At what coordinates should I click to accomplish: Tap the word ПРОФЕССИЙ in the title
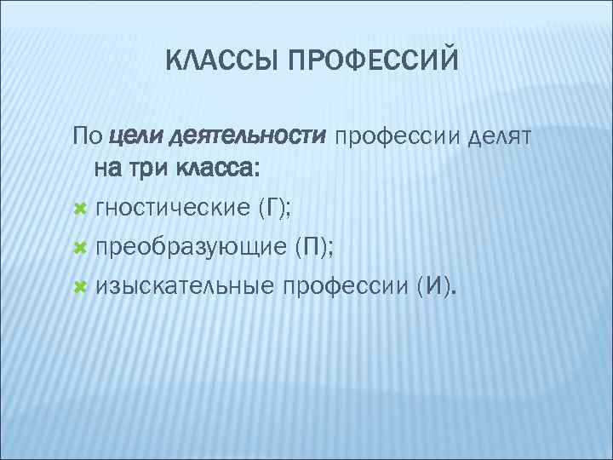(x=374, y=60)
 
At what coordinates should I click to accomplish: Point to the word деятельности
(x=248, y=135)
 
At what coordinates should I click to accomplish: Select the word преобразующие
(x=191, y=249)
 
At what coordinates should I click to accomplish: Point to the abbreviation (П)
(x=313, y=248)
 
